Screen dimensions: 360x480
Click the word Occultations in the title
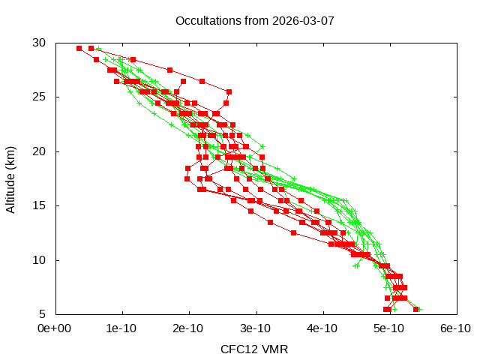click(x=205, y=20)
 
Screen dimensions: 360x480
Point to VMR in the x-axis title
click(x=274, y=349)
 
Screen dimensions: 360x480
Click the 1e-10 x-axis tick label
click(x=122, y=328)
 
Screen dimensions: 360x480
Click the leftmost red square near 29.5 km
click(x=79, y=48)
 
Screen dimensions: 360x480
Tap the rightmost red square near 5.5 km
click(x=415, y=309)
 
